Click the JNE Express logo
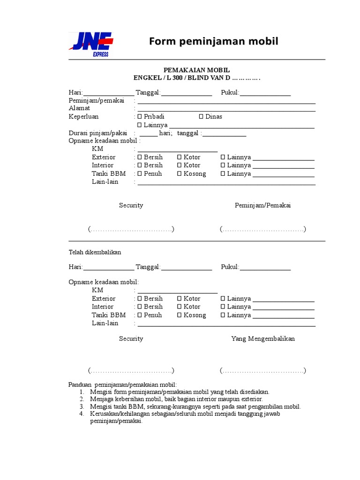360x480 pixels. click(x=91, y=45)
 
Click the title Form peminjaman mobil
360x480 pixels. click(x=214, y=42)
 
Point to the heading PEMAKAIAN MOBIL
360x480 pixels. click(x=196, y=69)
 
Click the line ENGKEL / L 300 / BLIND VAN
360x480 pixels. click(x=196, y=78)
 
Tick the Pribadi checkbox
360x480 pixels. click(x=139, y=117)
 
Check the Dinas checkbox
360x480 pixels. click(x=201, y=117)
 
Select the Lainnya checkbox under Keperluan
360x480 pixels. click(x=139, y=125)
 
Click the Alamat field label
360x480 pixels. click(x=79, y=108)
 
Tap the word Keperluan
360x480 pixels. click(x=83, y=117)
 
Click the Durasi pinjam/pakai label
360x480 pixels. click(x=98, y=133)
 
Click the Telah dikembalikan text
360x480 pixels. click(x=95, y=252)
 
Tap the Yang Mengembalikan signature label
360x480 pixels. click(x=263, y=338)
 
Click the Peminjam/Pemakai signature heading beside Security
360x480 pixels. click(x=262, y=205)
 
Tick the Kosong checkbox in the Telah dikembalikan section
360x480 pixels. click(x=179, y=315)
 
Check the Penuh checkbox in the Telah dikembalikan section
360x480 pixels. click(x=139, y=315)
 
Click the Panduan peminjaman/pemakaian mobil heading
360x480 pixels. click(x=123, y=384)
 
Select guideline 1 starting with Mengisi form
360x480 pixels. click(x=180, y=392)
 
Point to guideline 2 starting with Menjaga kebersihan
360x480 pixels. click(x=176, y=399)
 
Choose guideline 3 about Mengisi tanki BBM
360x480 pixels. click(x=195, y=406)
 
